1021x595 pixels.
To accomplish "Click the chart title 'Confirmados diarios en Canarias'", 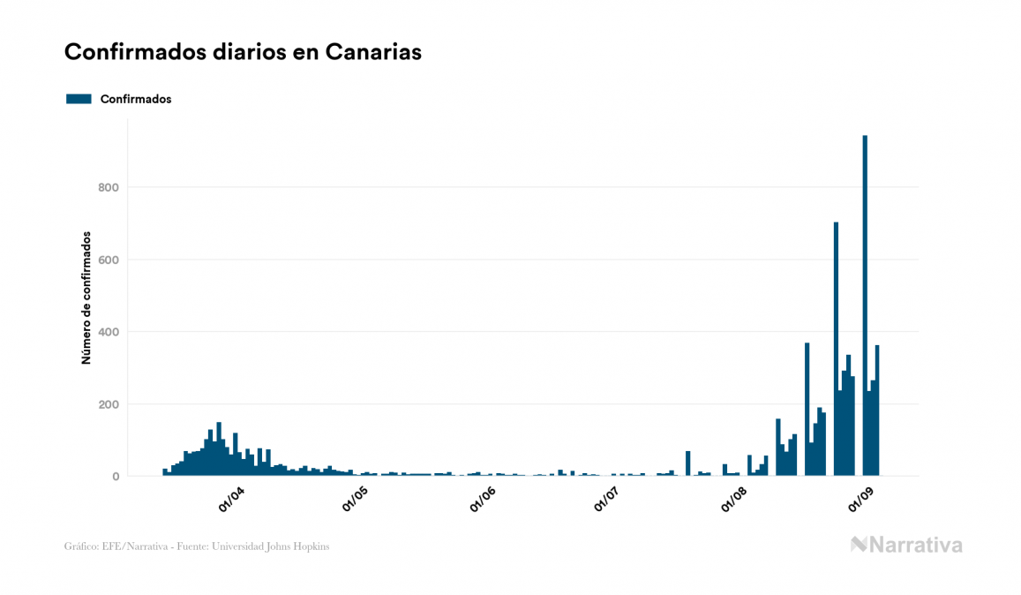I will point(243,52).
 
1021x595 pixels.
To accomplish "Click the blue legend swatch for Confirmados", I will point(79,99).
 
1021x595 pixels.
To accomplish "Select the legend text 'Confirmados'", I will point(136,99).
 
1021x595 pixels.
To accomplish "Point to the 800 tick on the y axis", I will point(109,187).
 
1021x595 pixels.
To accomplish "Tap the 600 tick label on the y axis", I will point(109,260).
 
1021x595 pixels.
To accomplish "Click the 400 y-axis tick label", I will point(109,332).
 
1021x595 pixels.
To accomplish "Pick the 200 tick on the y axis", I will point(109,404).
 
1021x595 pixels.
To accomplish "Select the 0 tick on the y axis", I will point(115,477).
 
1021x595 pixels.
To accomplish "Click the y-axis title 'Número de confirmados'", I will point(86,298).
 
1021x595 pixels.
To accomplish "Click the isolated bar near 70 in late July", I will point(688,463).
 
